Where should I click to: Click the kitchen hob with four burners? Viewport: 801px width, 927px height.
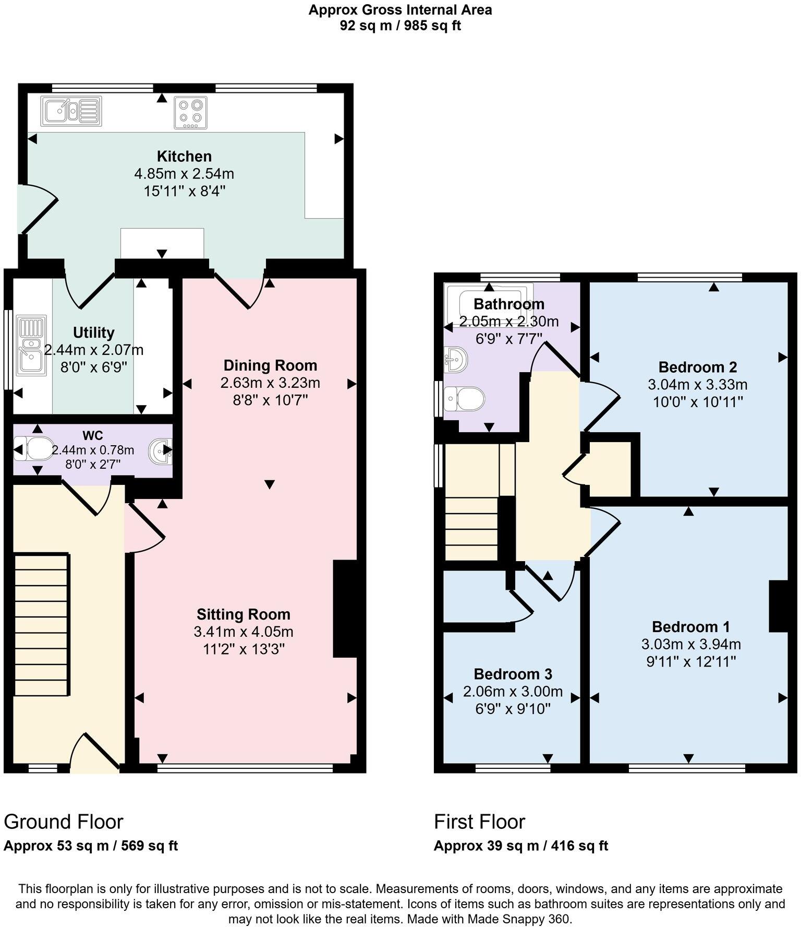190,112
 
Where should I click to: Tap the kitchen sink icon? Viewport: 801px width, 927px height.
71,111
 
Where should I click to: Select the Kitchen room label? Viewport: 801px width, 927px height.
184,156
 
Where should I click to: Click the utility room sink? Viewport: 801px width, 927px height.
32,345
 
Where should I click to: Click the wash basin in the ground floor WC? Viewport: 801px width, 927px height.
160,450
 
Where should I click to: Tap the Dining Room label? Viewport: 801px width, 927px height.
270,365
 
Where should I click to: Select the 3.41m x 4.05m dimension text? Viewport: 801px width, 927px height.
244,632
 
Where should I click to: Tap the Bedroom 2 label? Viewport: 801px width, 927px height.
697,367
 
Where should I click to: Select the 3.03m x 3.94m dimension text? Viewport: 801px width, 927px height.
691,644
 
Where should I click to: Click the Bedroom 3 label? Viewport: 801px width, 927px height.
513,674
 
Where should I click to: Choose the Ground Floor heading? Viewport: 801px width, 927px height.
64,822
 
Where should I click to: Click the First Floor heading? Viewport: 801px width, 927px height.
479,822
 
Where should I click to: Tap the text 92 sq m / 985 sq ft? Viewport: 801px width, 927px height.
400,26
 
